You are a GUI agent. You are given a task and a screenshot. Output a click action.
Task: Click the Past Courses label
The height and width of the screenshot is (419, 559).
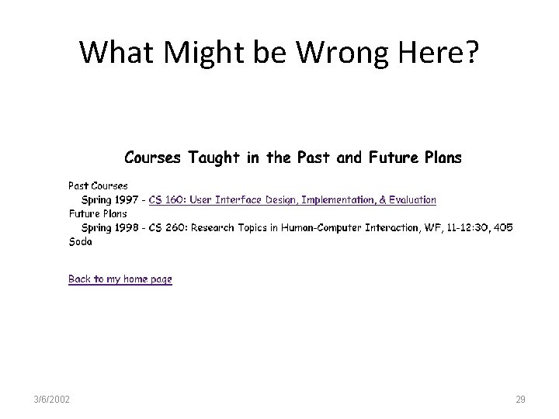[98, 186]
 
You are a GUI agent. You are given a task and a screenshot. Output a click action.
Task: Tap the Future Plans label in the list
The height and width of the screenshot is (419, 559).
[98, 213]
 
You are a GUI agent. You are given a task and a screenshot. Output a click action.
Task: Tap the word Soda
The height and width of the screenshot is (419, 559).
[80, 241]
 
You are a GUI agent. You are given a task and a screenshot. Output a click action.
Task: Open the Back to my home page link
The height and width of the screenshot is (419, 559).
[120, 279]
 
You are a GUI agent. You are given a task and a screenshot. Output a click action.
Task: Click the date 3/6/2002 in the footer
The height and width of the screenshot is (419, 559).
[53, 399]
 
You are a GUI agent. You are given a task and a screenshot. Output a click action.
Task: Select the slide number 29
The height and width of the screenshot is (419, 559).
[520, 399]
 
